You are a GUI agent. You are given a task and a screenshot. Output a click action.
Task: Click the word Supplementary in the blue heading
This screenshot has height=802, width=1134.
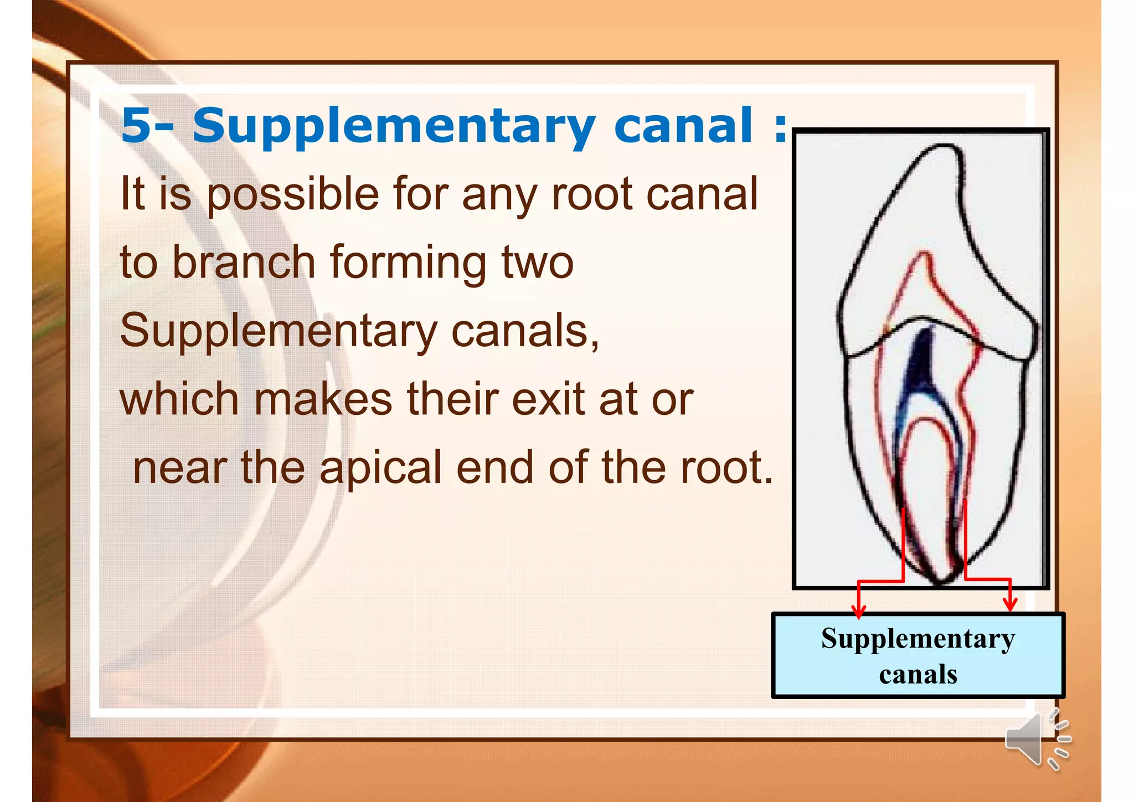394,126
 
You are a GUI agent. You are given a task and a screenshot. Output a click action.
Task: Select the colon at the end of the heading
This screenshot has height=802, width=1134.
780,127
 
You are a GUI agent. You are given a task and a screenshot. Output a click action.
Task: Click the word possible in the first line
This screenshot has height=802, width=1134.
292,195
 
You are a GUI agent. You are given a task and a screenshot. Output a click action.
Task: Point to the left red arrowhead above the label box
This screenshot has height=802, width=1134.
858,611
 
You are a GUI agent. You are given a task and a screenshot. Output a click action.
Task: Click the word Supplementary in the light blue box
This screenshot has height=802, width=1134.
917,639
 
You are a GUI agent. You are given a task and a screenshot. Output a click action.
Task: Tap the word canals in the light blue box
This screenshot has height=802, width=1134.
917,674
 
